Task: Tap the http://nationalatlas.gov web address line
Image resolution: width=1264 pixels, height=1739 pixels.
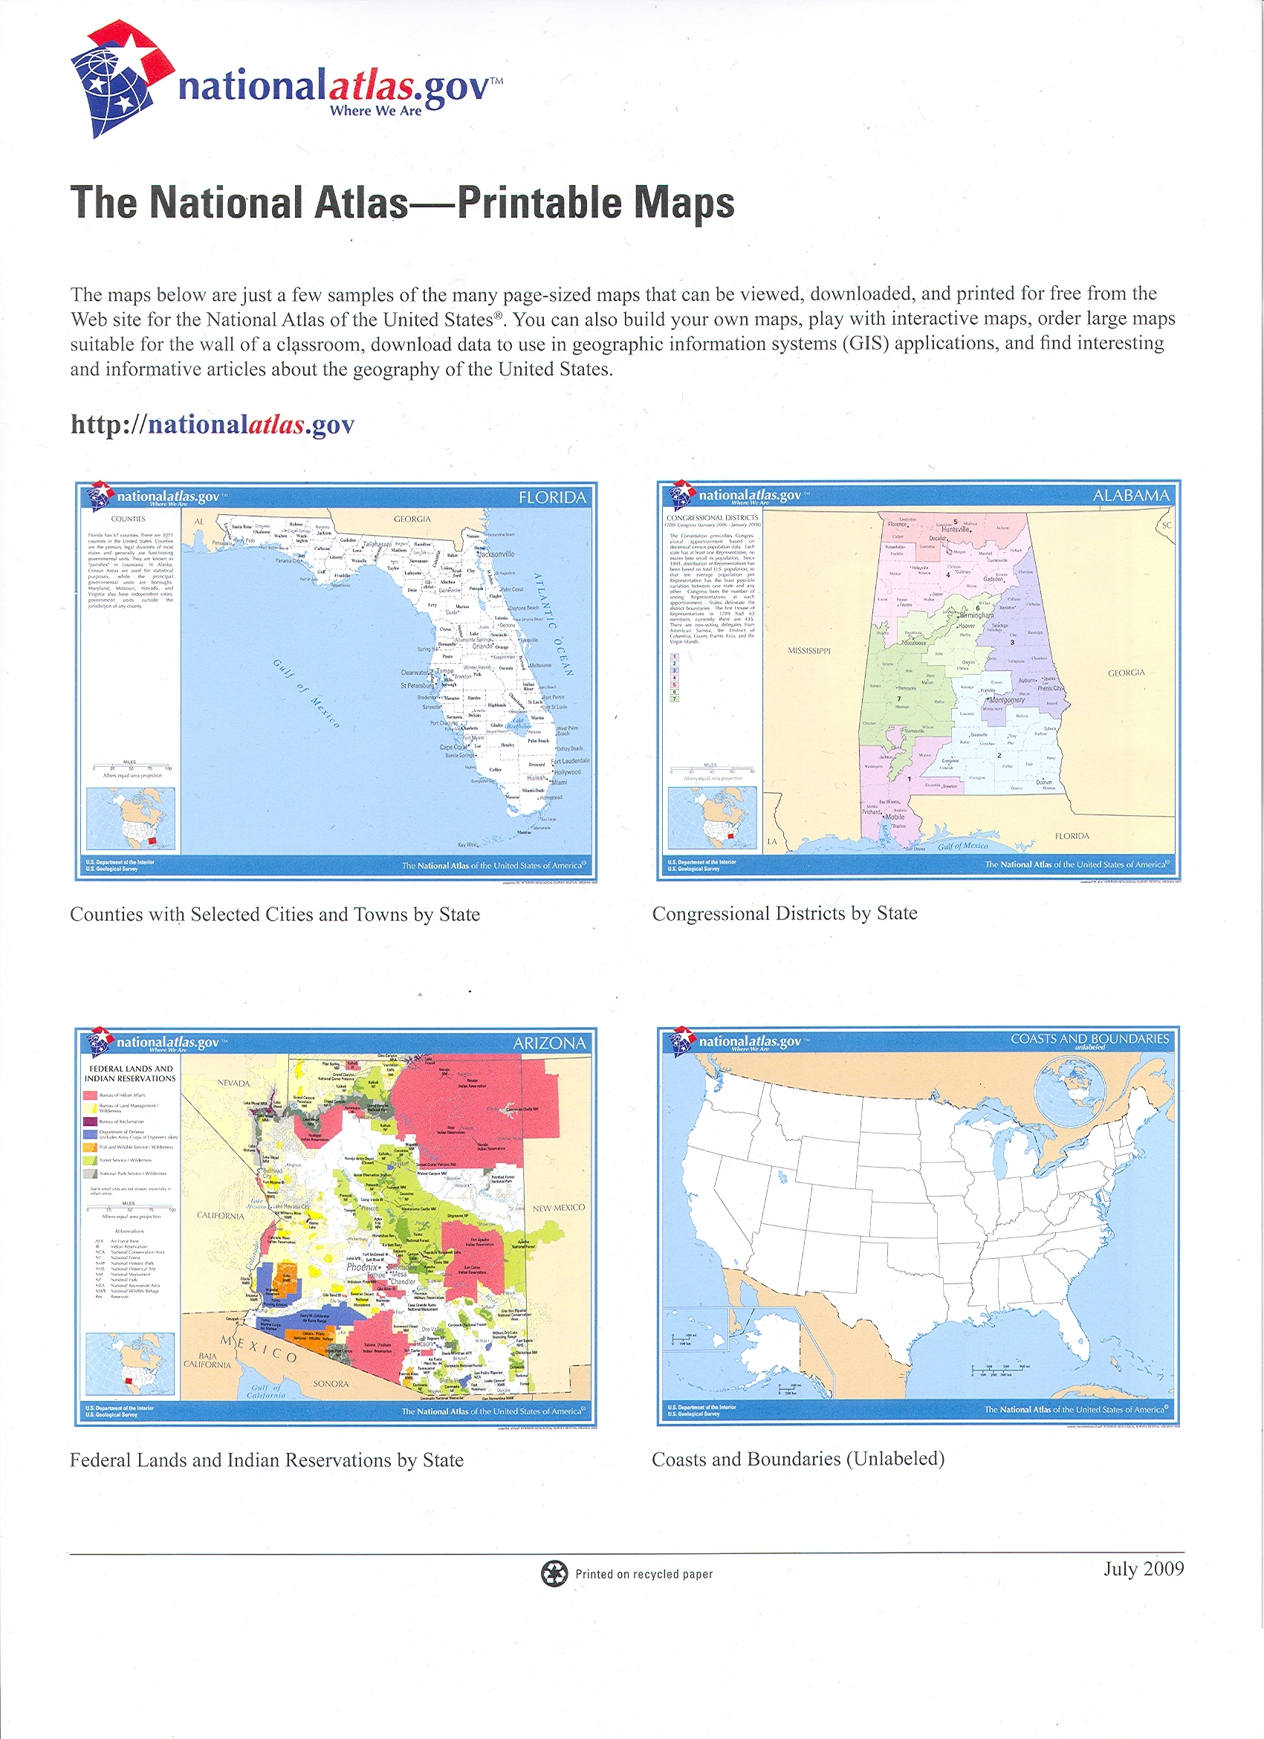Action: [213, 425]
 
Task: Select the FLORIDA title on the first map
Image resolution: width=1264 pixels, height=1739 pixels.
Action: [552, 498]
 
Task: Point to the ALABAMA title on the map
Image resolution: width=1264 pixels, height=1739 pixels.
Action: [1131, 496]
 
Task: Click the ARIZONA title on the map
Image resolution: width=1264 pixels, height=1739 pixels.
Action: [549, 1043]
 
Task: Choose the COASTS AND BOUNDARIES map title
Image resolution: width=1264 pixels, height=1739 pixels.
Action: [1089, 1040]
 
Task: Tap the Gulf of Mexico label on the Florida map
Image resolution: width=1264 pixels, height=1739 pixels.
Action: [306, 693]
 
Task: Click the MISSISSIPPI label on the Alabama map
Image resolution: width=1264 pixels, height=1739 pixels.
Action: [809, 651]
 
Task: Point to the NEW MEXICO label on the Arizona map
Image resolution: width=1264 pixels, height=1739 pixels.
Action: [558, 1208]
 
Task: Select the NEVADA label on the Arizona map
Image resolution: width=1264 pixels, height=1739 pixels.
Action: [234, 1084]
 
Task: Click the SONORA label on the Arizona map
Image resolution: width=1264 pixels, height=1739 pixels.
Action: [331, 1384]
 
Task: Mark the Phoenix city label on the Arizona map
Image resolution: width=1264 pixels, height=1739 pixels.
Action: [362, 1267]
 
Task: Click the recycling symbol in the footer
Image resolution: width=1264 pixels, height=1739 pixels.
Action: [554, 1574]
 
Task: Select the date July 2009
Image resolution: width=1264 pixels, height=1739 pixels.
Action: [1143, 1569]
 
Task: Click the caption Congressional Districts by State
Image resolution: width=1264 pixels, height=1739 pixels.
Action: [784, 913]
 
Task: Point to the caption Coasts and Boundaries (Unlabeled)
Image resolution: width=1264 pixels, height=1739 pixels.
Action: [797, 1459]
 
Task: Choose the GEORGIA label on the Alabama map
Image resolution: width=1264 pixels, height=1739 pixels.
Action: [1125, 673]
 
